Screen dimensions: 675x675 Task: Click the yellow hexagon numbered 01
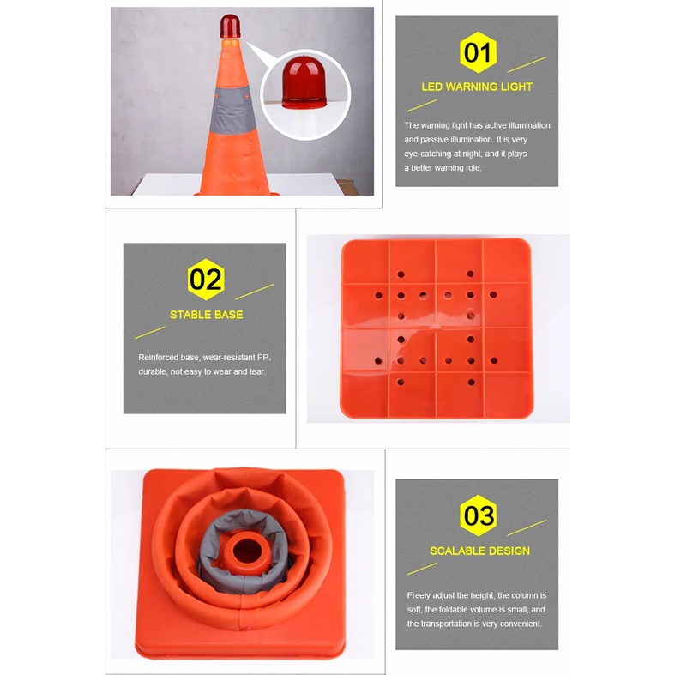point(478,52)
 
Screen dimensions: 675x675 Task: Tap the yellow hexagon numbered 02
point(206,280)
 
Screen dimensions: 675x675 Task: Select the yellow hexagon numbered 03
point(478,515)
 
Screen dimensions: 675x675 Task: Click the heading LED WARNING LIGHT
point(477,87)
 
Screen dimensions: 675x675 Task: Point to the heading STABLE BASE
point(206,315)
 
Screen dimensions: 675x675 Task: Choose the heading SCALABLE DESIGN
point(479,551)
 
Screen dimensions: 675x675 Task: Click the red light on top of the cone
point(231,26)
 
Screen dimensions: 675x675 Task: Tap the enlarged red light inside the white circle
point(304,82)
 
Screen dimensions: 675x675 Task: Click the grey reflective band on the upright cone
point(232,110)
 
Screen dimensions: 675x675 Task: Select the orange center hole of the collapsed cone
point(246,550)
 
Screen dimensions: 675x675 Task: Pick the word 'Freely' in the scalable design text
point(419,595)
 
